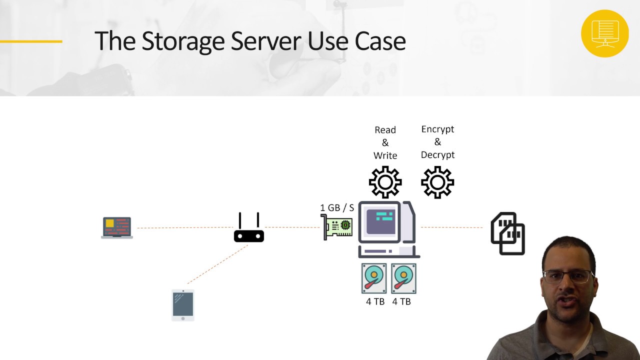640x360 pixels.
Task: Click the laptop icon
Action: coord(117,227)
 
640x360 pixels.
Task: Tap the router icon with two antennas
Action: coord(249,229)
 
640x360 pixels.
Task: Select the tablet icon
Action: coord(182,304)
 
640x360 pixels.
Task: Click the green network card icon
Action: coord(337,227)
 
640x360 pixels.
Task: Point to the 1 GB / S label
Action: coord(337,207)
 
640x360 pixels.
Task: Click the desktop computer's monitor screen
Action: coord(381,220)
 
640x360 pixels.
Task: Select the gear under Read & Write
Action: coord(385,182)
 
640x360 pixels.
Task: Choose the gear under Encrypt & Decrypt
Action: coord(437,182)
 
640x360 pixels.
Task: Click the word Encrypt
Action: coord(437,129)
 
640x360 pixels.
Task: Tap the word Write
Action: coord(385,155)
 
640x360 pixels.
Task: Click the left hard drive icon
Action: coord(374,278)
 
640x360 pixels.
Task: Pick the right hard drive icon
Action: coord(403,278)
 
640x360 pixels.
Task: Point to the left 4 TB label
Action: coord(375,301)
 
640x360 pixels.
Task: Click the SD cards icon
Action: coord(507,233)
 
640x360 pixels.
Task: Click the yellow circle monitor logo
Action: coord(605,33)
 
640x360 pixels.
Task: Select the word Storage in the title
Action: coord(183,41)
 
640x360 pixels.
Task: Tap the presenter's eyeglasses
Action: coord(567,276)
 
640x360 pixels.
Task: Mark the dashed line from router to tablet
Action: coord(217,264)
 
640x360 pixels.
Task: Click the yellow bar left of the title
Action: coord(31,41)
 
